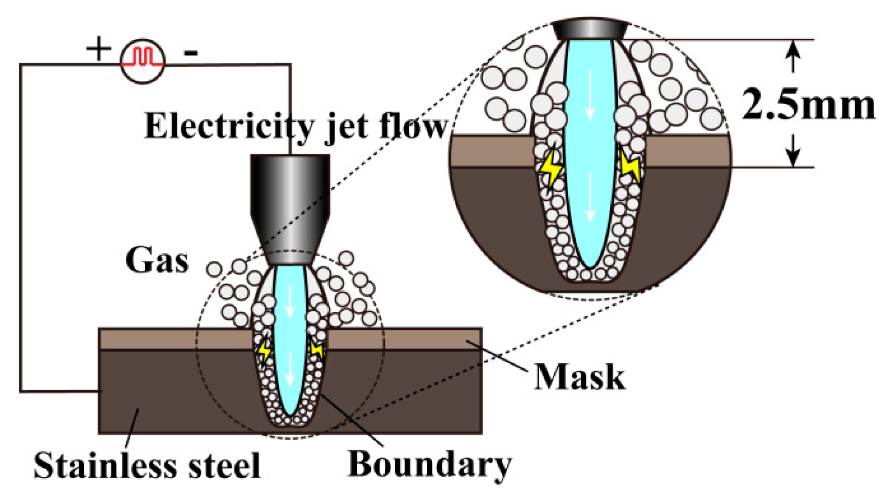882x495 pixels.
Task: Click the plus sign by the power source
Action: click(x=99, y=49)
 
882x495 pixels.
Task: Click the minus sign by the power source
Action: click(x=191, y=52)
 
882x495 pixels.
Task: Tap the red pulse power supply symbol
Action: click(x=142, y=61)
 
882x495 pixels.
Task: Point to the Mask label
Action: click(x=579, y=377)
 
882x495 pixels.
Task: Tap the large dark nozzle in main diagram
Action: click(x=290, y=196)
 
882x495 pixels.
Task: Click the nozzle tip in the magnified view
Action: click(x=590, y=29)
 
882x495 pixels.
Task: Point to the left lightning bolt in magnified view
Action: click(x=550, y=167)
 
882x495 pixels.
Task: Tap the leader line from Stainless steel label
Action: click(x=132, y=423)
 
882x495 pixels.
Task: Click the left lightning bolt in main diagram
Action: click(x=265, y=350)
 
